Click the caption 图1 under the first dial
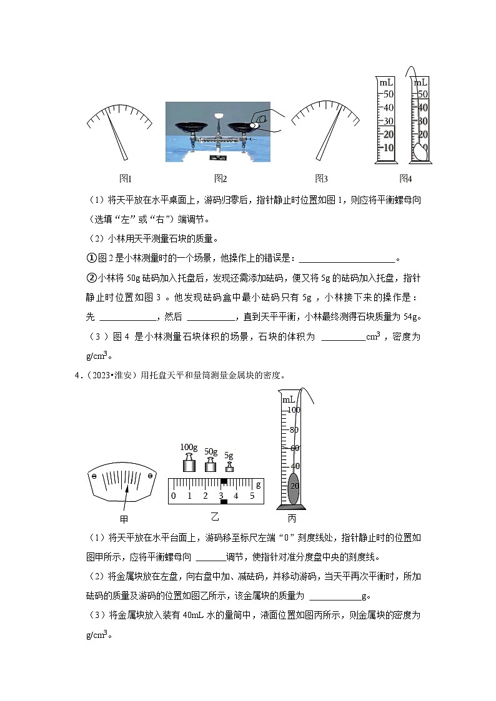tap(126, 179)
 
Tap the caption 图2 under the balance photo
tap(221, 179)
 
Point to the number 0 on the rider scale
tap(174, 496)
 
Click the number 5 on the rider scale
tap(252, 496)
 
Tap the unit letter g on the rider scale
tap(259, 484)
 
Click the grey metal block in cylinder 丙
tap(293, 488)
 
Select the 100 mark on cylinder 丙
tap(294, 409)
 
